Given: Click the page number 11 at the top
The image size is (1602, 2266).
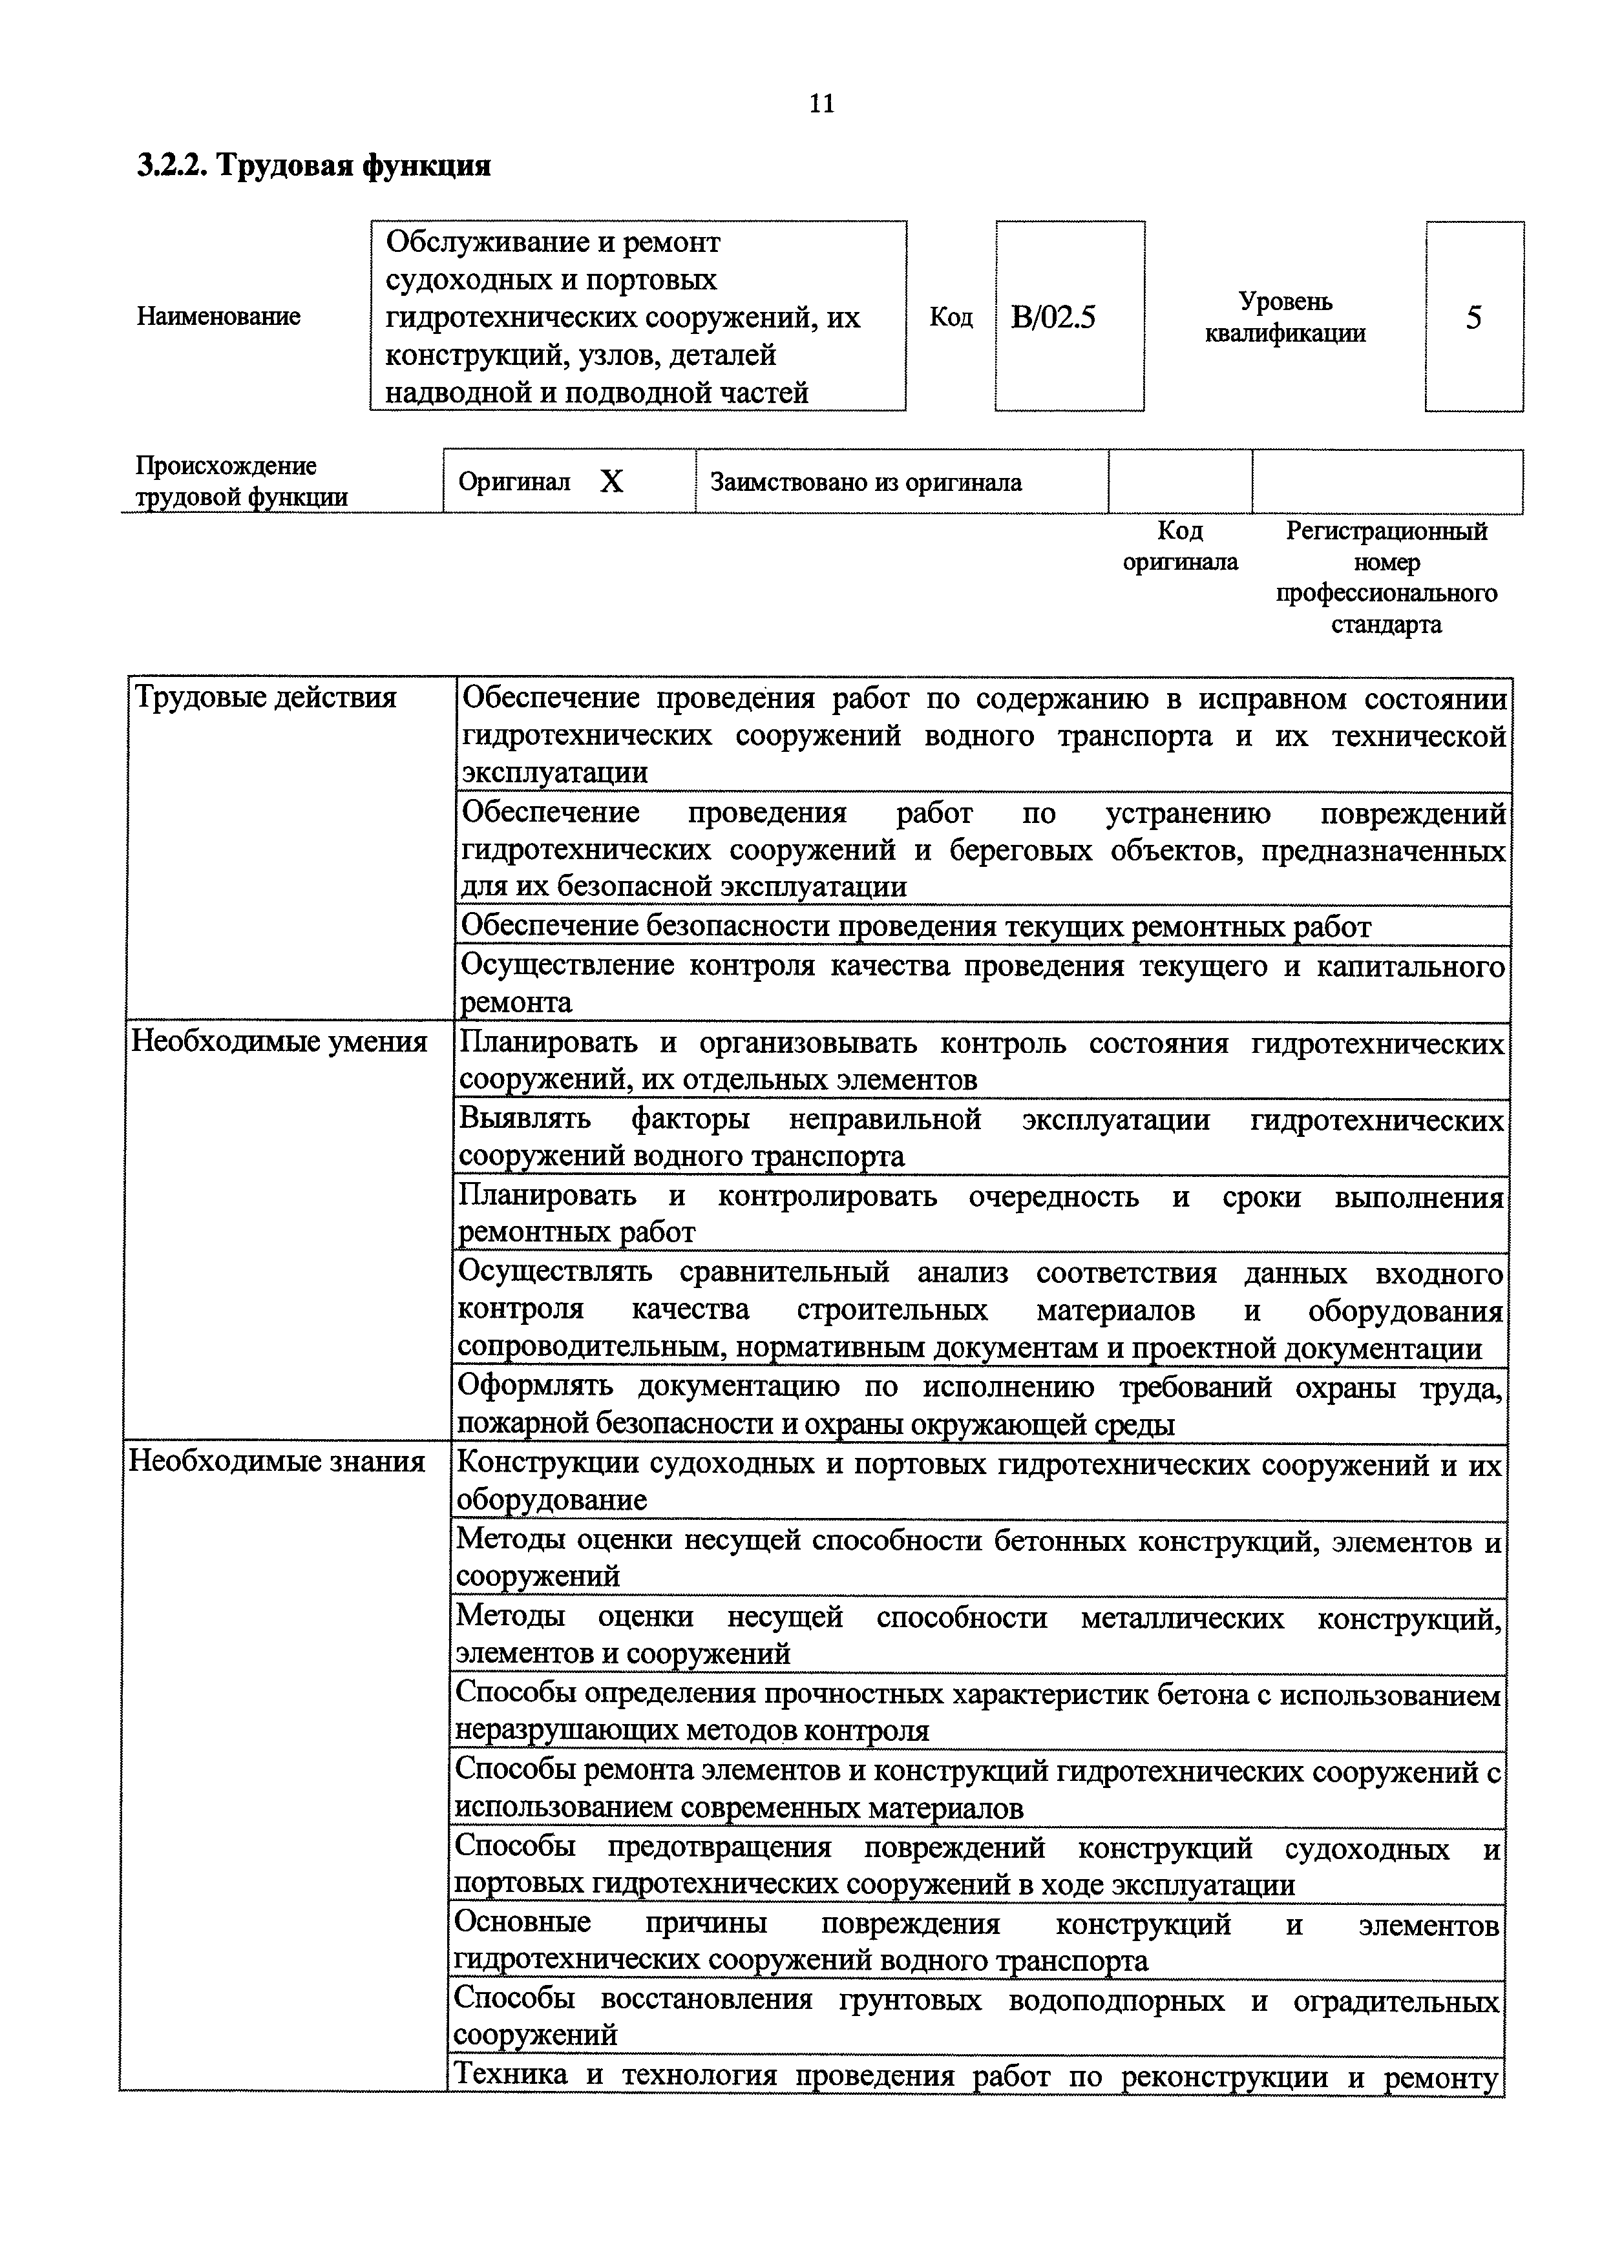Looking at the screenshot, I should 821,103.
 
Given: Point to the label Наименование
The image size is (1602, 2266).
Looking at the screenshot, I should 218,317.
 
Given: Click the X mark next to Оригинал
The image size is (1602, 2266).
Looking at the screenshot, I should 612,482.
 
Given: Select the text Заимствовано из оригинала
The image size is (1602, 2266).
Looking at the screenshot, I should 866,483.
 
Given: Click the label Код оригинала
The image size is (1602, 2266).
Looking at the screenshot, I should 1181,546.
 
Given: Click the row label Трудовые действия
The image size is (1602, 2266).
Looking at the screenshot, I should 266,698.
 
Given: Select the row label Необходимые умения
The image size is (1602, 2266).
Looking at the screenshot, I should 279,1042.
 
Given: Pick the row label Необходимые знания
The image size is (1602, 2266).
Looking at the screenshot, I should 277,1462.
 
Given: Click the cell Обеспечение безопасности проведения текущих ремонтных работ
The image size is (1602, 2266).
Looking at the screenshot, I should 916,927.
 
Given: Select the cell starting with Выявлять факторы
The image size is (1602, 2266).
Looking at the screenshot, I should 980,1137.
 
